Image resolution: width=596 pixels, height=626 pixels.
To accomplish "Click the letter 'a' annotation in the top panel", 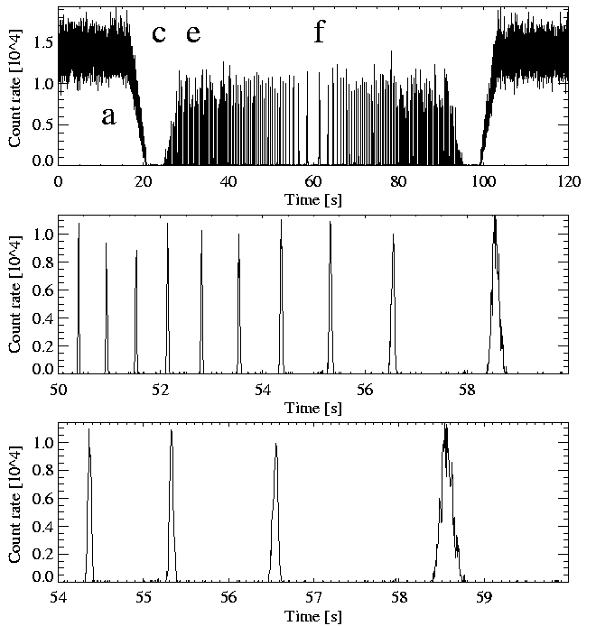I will pyautogui.click(x=108, y=116).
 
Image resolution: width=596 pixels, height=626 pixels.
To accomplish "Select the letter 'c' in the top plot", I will pyautogui.click(x=159, y=34).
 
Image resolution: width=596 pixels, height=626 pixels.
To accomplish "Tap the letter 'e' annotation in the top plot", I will pyautogui.click(x=192, y=34).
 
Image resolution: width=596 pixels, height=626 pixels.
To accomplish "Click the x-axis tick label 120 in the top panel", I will pyautogui.click(x=568, y=180).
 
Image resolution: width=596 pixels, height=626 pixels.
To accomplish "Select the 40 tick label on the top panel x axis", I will pyautogui.click(x=228, y=180).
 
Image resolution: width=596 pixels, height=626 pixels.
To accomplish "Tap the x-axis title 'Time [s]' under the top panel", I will pyautogui.click(x=312, y=197).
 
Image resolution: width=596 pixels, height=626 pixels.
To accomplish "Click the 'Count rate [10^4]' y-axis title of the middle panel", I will pyautogui.click(x=15, y=294).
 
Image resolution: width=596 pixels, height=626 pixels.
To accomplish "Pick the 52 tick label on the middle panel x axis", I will pyautogui.click(x=161, y=390).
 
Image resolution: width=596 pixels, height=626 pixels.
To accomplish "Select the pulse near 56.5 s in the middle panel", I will pyautogui.click(x=393, y=307).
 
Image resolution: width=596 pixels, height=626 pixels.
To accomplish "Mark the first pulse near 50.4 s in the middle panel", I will pyautogui.click(x=79, y=298).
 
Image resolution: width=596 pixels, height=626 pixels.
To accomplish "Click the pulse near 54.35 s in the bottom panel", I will pyautogui.click(x=88, y=505).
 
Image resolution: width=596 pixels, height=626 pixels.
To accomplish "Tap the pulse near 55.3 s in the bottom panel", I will pyautogui.click(x=171, y=505).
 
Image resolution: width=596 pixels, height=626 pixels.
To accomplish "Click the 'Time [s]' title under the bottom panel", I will pyautogui.click(x=312, y=614).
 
